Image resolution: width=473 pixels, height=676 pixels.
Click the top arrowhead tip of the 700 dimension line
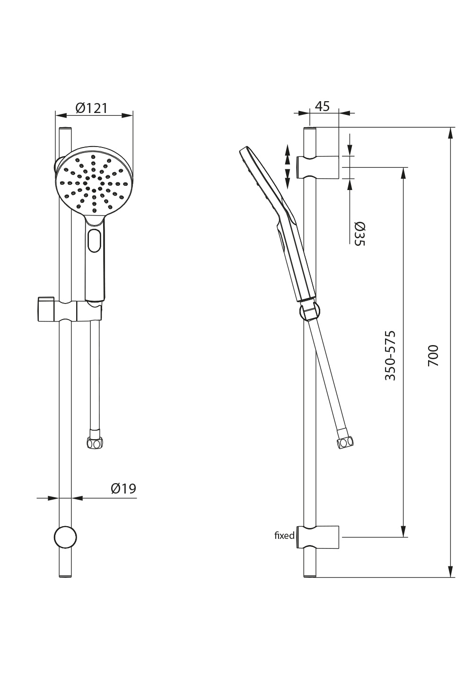[x=451, y=128]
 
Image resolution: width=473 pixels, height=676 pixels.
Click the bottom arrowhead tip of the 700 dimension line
[x=451, y=578]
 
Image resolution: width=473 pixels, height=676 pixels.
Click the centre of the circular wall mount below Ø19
[x=65, y=537]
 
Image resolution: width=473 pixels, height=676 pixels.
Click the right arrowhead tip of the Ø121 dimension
[x=133, y=115]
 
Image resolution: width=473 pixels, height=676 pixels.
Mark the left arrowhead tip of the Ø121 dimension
[x=55, y=115]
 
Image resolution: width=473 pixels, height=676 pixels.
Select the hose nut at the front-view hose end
[x=94, y=443]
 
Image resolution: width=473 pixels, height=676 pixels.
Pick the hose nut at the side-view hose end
[x=345, y=442]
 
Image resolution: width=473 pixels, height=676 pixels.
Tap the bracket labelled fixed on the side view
[x=318, y=537]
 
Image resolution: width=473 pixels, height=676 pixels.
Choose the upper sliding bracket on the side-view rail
[x=318, y=167]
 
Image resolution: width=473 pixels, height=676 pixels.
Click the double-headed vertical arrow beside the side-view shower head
[x=287, y=166]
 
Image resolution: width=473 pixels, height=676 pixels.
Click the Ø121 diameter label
[x=91, y=108]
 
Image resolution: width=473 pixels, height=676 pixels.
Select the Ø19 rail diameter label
[x=123, y=489]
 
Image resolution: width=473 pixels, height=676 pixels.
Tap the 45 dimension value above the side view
[x=322, y=106]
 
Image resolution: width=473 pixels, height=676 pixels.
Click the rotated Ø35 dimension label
[x=359, y=234]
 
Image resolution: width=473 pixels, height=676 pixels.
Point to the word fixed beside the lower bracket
[x=284, y=536]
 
